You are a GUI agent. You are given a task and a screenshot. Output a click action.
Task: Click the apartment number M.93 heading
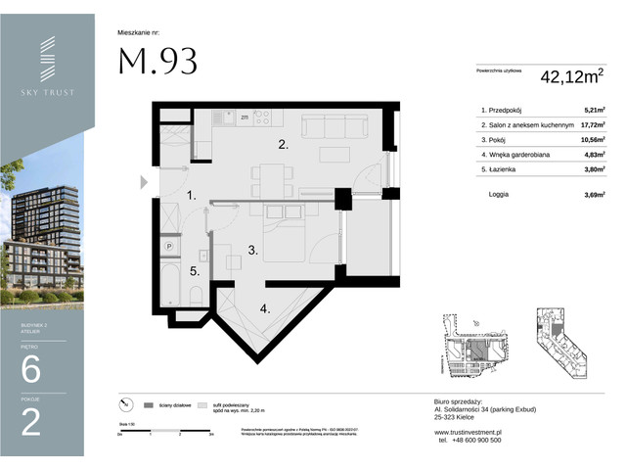(157, 61)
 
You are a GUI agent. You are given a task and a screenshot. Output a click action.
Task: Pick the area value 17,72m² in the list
(589, 125)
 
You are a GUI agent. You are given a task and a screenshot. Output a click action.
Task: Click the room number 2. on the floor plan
(282, 145)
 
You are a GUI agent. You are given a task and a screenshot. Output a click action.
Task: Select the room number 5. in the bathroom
(195, 271)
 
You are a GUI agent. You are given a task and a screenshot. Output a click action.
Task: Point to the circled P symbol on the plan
(168, 246)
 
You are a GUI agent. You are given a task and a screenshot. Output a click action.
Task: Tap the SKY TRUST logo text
(48, 92)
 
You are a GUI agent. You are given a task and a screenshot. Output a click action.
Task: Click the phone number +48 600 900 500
(468, 440)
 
